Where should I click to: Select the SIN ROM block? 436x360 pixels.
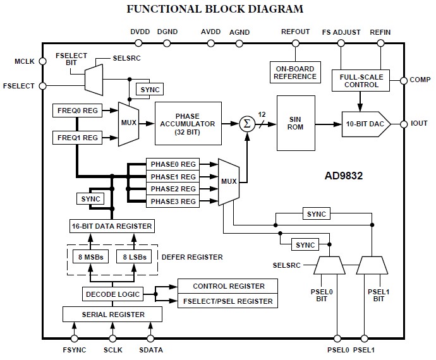pyautogui.click(x=295, y=123)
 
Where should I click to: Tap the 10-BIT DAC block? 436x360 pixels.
pyautogui.click(x=365, y=124)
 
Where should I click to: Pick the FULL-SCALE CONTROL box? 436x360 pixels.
pyautogui.click(x=360, y=80)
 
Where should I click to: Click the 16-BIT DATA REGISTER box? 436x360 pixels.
pyautogui.click(x=111, y=225)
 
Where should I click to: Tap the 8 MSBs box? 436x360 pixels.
pyautogui.click(x=89, y=256)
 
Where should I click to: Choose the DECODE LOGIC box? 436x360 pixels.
pyautogui.click(x=111, y=294)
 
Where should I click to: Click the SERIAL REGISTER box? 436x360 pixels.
pyautogui.click(x=111, y=314)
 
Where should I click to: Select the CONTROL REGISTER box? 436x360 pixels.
pyautogui.click(x=227, y=286)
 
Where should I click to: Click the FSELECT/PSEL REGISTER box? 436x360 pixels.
pyautogui.click(x=227, y=301)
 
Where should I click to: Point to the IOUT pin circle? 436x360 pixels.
pyautogui.click(x=403, y=124)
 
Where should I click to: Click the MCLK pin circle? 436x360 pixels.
pyautogui.click(x=42, y=61)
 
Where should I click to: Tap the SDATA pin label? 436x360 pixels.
pyautogui.click(x=150, y=348)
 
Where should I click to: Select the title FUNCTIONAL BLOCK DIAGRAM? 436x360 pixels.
pyautogui.click(x=215, y=9)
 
